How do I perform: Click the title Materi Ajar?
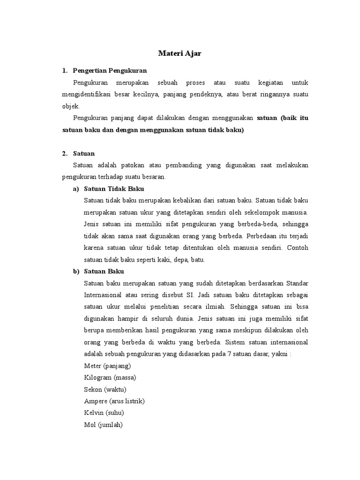click(180, 53)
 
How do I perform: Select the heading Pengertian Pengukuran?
click(110, 71)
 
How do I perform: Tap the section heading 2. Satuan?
click(84, 153)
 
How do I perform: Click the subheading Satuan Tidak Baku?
click(114, 189)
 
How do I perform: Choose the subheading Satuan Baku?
click(104, 271)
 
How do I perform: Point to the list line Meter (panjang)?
click(107, 366)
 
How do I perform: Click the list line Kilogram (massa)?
click(110, 377)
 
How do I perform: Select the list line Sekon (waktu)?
click(105, 389)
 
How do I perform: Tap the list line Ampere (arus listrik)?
click(114, 401)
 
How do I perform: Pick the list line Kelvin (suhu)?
click(104, 413)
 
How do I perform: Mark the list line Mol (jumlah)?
click(103, 425)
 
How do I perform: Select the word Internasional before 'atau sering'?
click(104, 295)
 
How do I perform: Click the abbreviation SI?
click(189, 295)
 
